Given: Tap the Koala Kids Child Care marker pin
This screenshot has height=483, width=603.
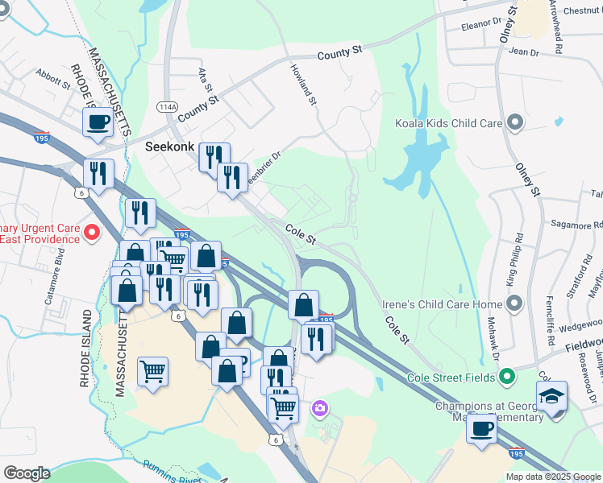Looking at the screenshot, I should point(516,124).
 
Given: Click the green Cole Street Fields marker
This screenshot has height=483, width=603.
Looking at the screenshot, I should point(506,377).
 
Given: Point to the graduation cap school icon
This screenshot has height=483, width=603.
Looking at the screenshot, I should point(552,396).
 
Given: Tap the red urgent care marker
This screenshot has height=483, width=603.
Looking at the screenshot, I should point(92,234).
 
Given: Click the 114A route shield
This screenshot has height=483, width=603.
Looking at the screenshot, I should point(167,106).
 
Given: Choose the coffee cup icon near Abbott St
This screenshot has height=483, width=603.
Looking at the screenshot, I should point(98,122).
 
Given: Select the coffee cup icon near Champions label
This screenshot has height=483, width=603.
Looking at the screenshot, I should point(481,428).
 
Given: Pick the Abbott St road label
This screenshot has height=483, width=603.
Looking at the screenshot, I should point(53,84).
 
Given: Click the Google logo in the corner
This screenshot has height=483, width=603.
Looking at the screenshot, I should point(27,473).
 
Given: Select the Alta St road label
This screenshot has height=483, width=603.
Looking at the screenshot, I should point(206,80).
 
